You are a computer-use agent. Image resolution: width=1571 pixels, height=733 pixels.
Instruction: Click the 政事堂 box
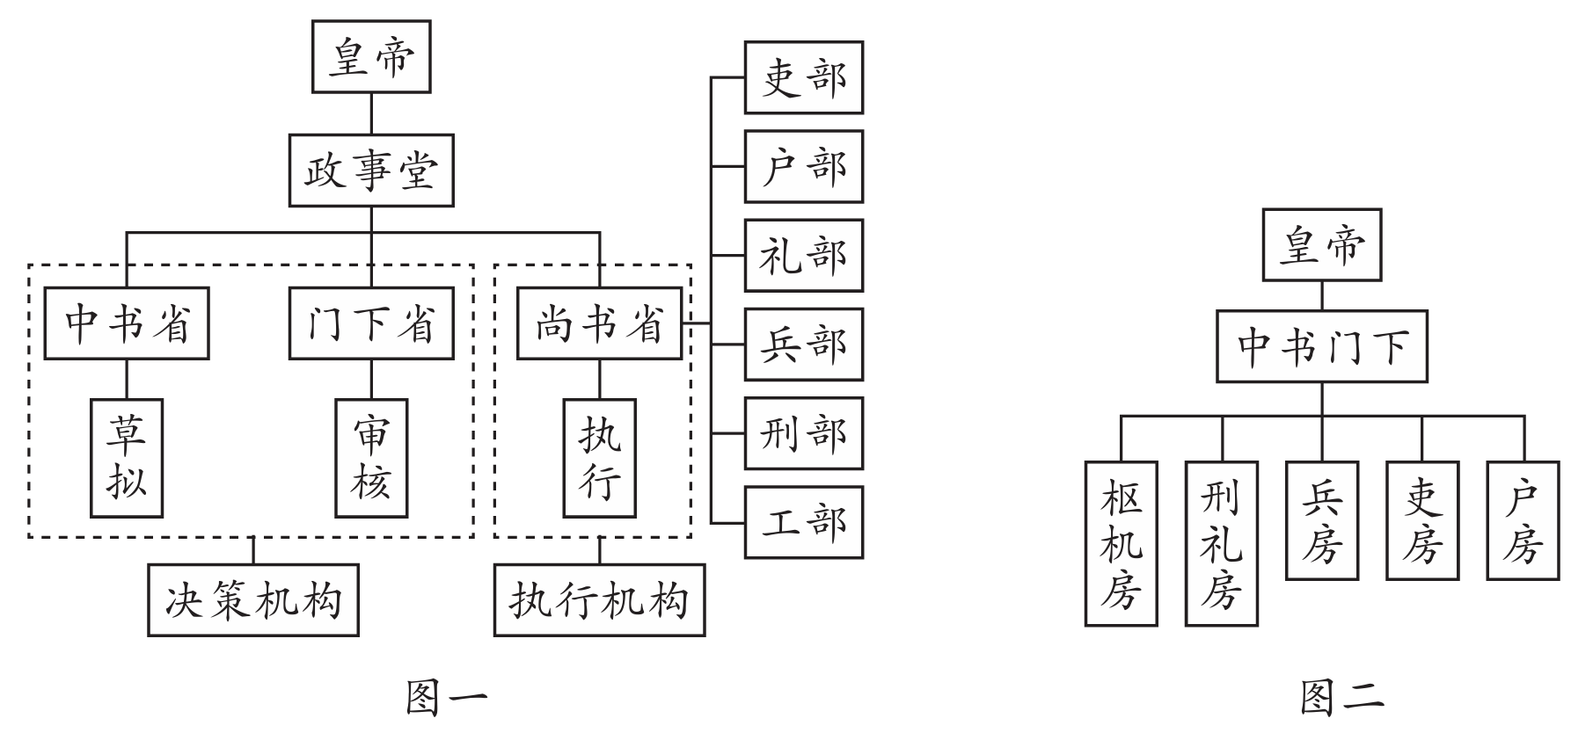[x=371, y=171]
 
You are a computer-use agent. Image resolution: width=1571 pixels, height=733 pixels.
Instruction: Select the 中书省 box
[x=127, y=323]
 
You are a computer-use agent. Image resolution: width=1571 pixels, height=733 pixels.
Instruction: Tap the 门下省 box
[x=371, y=323]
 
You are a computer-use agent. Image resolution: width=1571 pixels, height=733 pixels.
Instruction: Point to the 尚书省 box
[x=599, y=323]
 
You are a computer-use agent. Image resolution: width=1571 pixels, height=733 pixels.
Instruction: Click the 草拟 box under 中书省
[x=127, y=458]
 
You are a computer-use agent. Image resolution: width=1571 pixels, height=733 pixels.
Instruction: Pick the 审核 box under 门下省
[x=371, y=458]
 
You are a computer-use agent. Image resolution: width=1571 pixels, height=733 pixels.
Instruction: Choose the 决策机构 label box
[x=253, y=600]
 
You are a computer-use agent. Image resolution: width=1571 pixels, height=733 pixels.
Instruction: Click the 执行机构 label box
[x=599, y=600]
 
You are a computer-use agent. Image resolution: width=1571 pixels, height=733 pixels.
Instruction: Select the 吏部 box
[x=803, y=77]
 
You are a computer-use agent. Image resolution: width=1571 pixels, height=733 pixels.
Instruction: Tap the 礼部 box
[x=803, y=256]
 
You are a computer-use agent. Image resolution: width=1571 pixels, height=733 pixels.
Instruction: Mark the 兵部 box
[x=803, y=345]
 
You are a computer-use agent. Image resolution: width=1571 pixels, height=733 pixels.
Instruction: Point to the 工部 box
[x=803, y=522]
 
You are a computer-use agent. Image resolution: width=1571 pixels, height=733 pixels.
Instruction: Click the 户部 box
[x=803, y=166]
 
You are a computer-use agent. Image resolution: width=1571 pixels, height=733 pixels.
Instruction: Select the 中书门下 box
[x=1321, y=345]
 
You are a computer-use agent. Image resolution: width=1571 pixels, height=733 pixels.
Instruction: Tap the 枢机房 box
[x=1121, y=543]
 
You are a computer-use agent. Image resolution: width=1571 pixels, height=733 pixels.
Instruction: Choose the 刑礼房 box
[x=1221, y=543]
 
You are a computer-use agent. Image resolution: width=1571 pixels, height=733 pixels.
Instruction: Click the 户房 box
[x=1523, y=520]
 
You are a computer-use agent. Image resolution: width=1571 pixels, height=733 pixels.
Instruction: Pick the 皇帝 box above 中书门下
[x=1321, y=245]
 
